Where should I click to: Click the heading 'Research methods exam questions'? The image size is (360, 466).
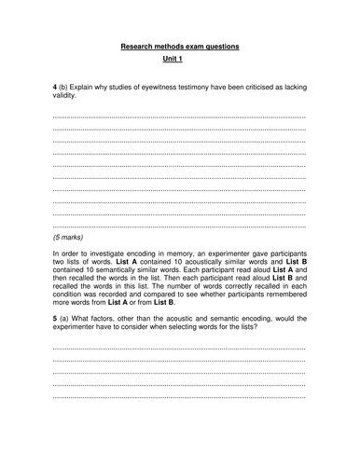[x=180, y=46]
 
